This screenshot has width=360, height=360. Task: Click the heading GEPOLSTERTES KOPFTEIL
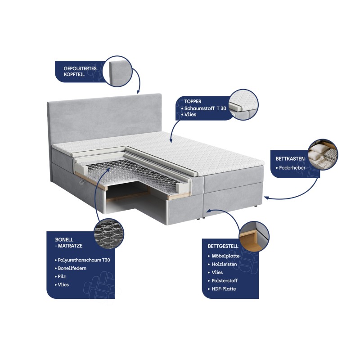(80, 72)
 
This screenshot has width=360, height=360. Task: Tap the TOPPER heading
(193, 102)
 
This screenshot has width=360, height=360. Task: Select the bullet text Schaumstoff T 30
(205, 108)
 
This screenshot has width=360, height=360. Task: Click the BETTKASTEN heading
(290, 159)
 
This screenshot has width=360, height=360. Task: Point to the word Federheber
(292, 168)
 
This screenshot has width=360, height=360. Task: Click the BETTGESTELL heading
(223, 246)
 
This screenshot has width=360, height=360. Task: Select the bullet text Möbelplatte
(225, 256)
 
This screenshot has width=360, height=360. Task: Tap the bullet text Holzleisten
(224, 264)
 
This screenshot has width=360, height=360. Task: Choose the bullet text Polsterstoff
(225, 280)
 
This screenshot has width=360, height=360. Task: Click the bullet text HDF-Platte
(224, 289)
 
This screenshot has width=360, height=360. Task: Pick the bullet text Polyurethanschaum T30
(84, 260)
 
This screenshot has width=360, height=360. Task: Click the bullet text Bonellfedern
(72, 268)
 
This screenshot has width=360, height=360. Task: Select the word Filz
(62, 276)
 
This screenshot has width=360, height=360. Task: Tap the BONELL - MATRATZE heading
(69, 243)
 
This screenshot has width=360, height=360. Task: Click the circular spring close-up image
(109, 233)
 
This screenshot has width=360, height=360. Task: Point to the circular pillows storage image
(323, 154)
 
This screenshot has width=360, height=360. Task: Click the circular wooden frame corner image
(254, 237)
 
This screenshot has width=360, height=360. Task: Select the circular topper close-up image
(243, 105)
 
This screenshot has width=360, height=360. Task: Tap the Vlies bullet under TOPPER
(190, 114)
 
